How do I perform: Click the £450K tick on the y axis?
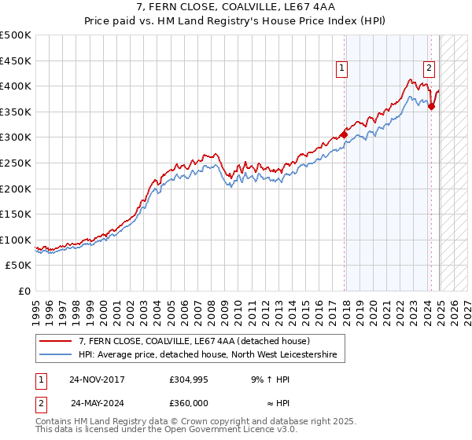click(16, 60)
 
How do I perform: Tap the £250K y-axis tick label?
click(16, 163)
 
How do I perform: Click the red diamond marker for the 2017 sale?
click(345, 134)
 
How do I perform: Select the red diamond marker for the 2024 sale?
click(431, 106)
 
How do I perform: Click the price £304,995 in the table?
click(189, 379)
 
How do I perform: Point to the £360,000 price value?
click(189, 402)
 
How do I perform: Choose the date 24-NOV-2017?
click(98, 379)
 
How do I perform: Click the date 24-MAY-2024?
click(98, 402)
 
